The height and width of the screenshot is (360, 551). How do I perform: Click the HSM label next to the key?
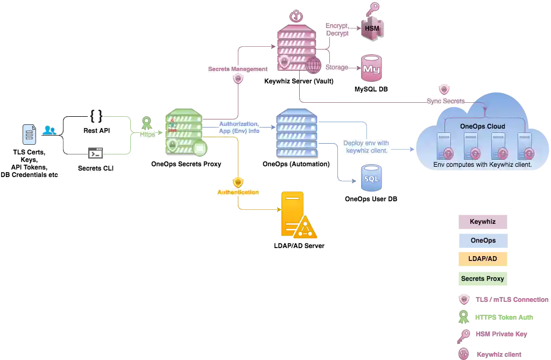point(372,27)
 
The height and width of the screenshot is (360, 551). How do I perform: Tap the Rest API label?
point(97,131)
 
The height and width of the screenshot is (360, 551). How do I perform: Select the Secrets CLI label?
point(97,168)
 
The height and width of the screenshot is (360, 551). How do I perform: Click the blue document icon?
point(30,133)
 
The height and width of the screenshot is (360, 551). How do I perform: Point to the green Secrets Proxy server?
point(183,132)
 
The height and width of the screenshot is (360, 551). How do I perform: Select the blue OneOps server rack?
point(296,133)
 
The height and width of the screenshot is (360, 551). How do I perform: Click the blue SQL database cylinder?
point(371,178)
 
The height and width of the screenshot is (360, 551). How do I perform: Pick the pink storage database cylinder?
point(371,68)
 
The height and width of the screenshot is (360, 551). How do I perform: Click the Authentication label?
point(238,192)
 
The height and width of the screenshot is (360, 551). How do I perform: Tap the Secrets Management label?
point(238,69)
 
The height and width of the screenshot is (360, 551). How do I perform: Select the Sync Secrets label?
point(445,101)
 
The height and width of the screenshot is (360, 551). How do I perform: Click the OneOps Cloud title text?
point(483,126)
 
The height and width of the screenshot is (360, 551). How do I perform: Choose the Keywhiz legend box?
point(482,221)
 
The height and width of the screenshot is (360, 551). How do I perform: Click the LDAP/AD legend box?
point(482,259)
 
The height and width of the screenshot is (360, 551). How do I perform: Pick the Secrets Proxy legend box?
point(482,279)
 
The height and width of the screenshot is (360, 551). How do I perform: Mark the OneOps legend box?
point(482,241)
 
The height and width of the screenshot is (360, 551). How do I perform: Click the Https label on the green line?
point(147,134)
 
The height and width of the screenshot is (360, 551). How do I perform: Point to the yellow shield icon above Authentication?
point(238,182)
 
